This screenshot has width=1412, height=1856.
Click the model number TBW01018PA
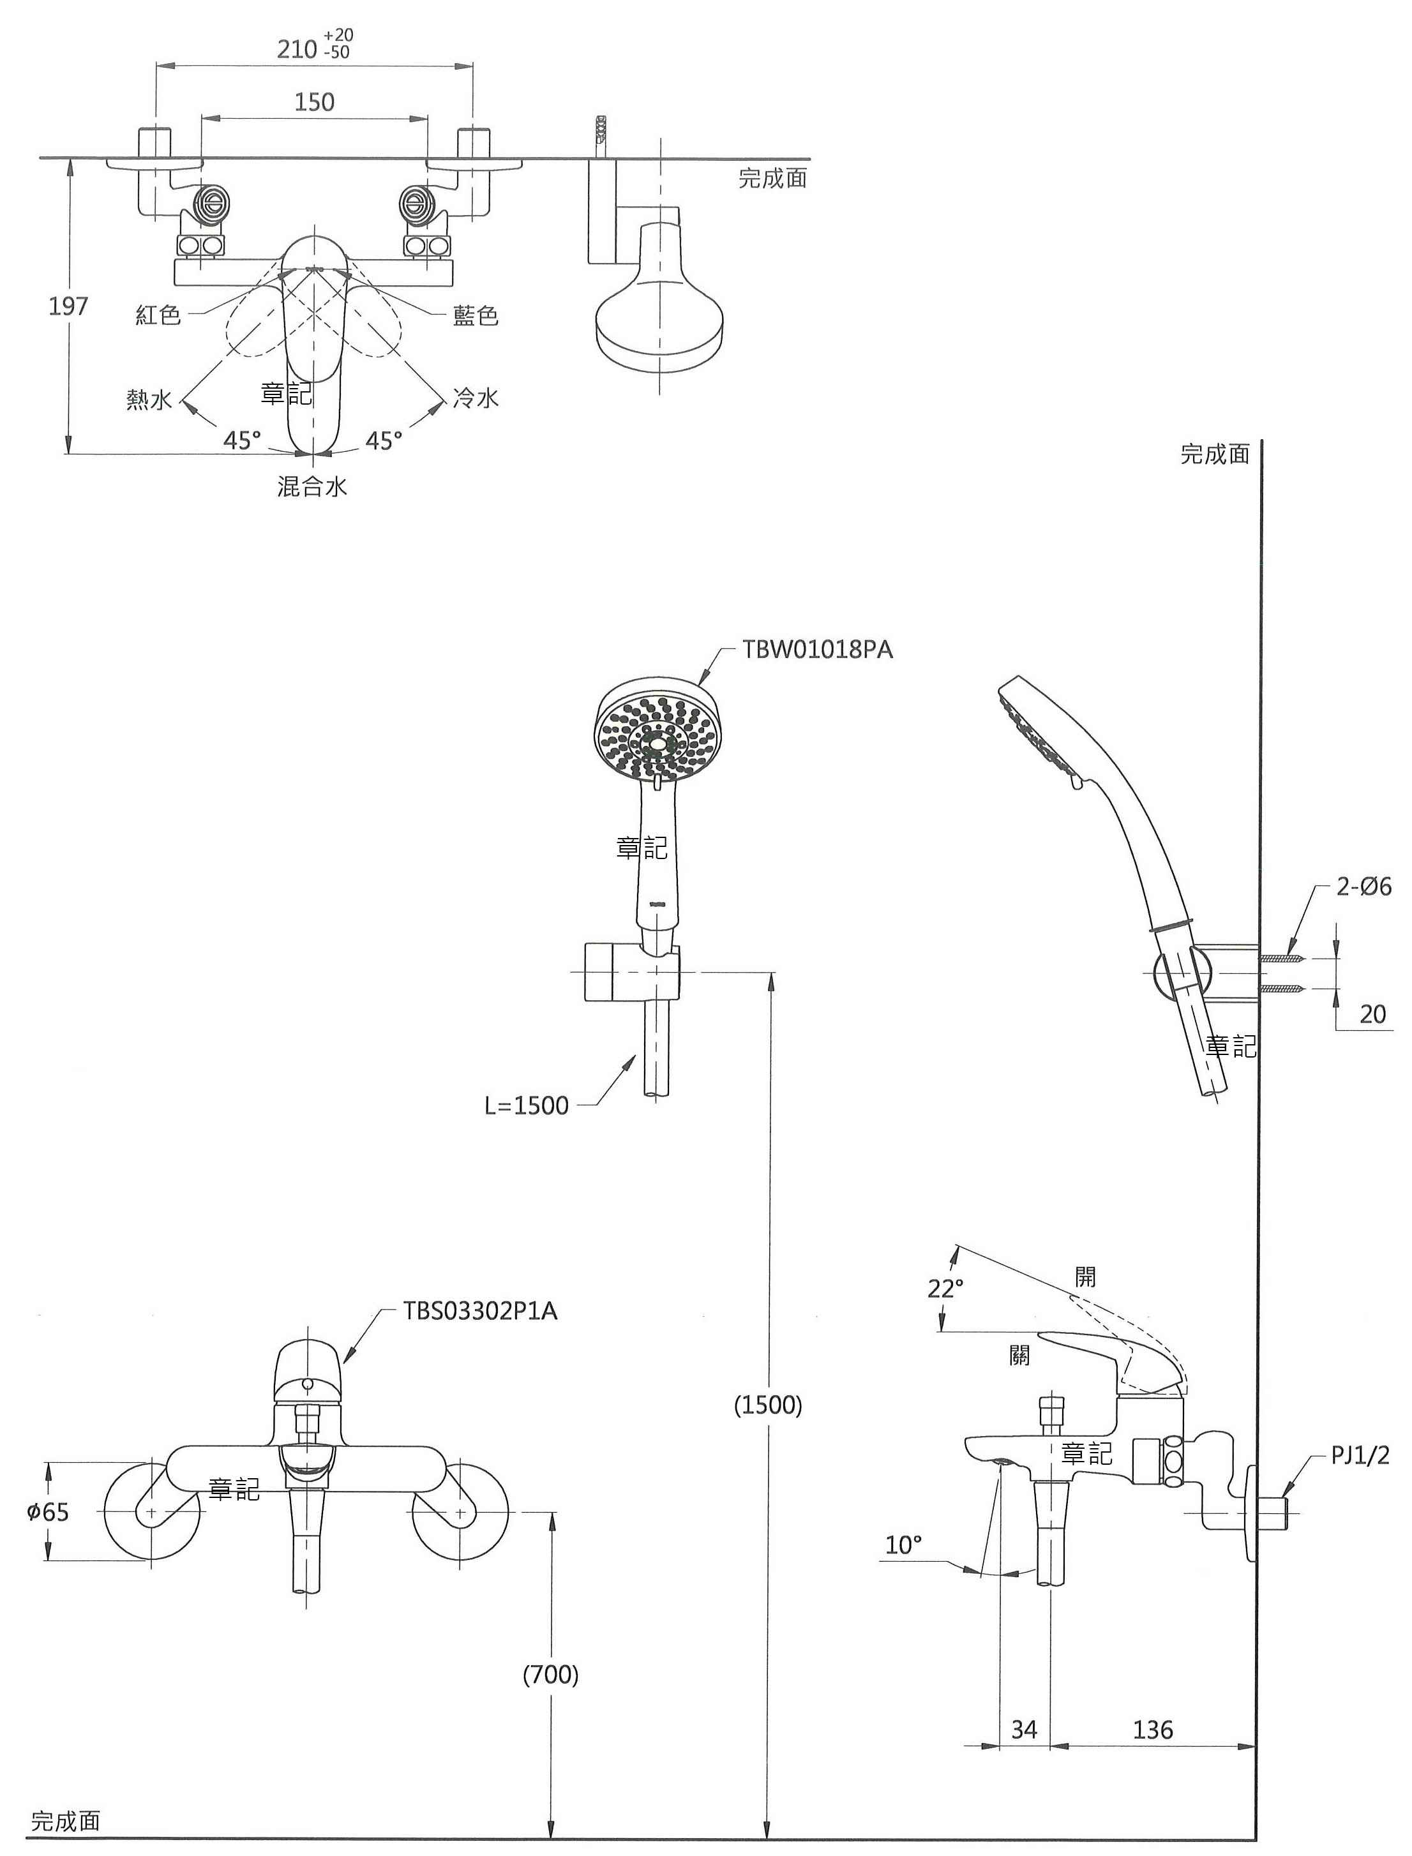pyautogui.click(x=817, y=650)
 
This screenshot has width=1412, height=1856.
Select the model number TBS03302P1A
pyautogui.click(x=480, y=1311)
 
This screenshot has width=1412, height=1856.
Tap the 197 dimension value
pyautogui.click(x=68, y=306)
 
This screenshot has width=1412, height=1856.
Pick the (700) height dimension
pyautogui.click(x=552, y=1675)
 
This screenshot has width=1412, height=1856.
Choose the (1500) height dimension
pyautogui.click(x=768, y=1404)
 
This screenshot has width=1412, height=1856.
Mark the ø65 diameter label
pyautogui.click(x=48, y=1511)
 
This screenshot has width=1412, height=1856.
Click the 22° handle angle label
pyautogui.click(x=945, y=1288)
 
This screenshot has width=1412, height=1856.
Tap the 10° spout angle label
pyautogui.click(x=903, y=1545)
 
